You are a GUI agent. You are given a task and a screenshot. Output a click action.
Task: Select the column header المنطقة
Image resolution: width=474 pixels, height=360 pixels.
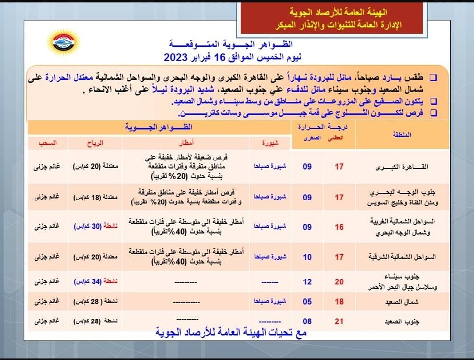(403, 135)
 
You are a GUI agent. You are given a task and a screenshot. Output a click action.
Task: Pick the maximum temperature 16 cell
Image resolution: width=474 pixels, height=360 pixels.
(339, 227)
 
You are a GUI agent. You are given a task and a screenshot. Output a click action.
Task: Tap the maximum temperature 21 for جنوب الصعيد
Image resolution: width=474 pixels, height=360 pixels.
(339, 321)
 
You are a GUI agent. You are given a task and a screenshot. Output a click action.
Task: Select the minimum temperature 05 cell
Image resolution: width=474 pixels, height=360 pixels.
(307, 301)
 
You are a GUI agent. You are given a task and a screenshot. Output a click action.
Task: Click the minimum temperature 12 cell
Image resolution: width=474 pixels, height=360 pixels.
(307, 282)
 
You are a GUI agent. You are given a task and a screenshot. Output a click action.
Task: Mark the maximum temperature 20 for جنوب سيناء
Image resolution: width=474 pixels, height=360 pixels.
(339, 282)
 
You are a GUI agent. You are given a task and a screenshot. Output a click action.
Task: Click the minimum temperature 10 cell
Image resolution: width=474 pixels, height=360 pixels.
(307, 257)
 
